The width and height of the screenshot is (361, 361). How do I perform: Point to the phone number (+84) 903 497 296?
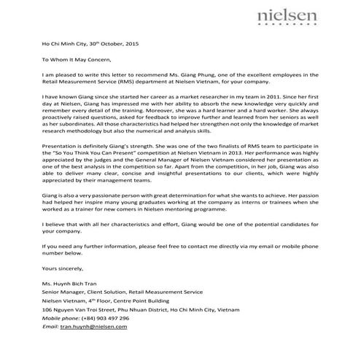pyautogui.click(x=105, y=318)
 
